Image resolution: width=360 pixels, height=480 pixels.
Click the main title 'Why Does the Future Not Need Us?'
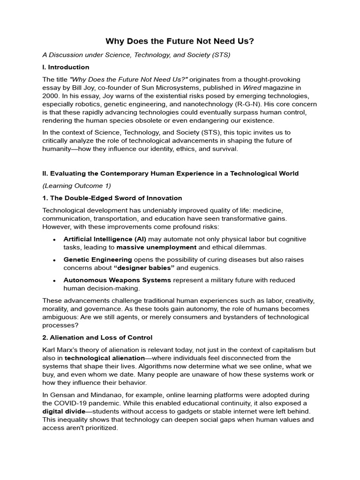pos(180,41)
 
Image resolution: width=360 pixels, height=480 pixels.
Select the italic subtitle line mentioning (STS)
pos(136,55)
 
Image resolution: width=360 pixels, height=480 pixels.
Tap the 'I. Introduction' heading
pos(66,67)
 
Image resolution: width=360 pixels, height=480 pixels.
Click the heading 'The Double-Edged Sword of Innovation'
pos(112,198)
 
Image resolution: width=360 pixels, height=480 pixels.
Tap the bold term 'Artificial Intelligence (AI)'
pos(102,239)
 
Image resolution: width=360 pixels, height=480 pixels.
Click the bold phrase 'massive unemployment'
pos(157,247)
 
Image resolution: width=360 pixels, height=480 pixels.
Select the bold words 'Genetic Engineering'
pos(97,259)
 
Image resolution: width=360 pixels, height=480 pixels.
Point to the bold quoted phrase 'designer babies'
pos(144,268)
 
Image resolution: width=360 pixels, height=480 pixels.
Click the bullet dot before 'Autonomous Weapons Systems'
pos(55,280)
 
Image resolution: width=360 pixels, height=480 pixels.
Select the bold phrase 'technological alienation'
pos(104,358)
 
